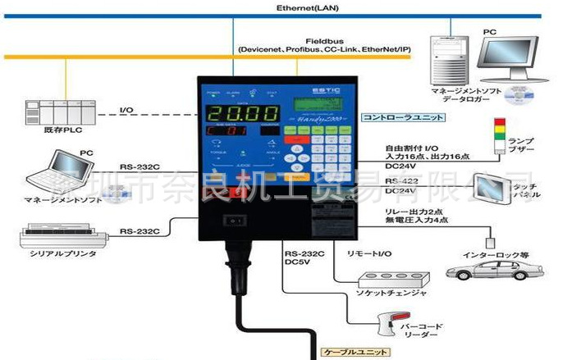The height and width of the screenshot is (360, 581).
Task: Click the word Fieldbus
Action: [x=324, y=39]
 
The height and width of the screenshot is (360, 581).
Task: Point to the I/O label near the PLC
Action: [x=127, y=110]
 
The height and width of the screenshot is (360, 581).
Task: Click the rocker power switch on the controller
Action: [x=234, y=220]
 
